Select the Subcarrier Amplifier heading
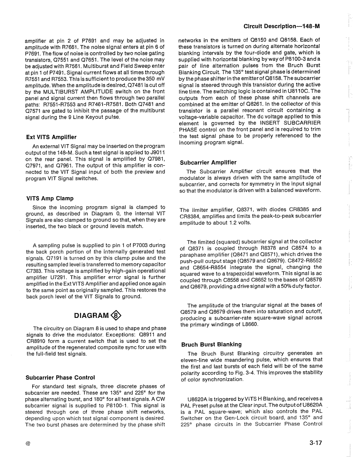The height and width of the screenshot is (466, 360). pos(208,162)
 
